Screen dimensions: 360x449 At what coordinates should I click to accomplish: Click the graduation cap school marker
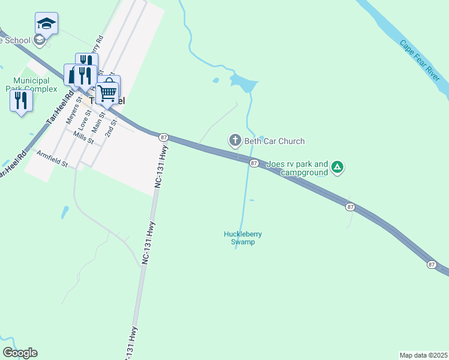46,24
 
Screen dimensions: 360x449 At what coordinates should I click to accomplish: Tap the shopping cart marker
108,91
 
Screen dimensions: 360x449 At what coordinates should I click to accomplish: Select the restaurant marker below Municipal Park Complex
21,100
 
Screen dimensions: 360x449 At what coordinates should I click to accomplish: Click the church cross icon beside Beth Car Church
235,141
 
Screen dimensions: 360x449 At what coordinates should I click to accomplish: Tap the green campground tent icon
337,167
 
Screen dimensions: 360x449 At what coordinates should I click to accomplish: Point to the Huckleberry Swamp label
243,238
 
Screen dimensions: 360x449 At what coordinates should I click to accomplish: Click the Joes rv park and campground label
297,168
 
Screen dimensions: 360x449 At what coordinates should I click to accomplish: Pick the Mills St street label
83,137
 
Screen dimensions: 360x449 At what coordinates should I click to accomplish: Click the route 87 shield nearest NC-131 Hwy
163,137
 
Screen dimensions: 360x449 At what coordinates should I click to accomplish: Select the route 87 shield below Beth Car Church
254,163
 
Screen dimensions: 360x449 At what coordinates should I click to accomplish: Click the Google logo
20,353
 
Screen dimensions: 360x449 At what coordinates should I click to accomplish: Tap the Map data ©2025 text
423,355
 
